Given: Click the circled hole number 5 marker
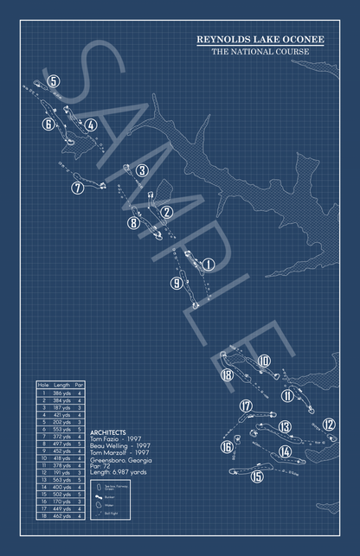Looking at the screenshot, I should (54, 81).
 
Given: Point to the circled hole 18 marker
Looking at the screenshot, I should (227, 374).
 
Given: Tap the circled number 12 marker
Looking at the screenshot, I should (329, 424).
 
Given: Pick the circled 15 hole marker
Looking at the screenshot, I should (257, 476).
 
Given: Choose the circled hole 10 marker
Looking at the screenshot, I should (264, 361).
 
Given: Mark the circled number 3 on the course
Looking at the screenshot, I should (141, 170).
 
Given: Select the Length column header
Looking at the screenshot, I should (61, 385).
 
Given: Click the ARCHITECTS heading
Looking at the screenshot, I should (108, 431).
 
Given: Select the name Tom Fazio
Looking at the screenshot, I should (106, 438).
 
